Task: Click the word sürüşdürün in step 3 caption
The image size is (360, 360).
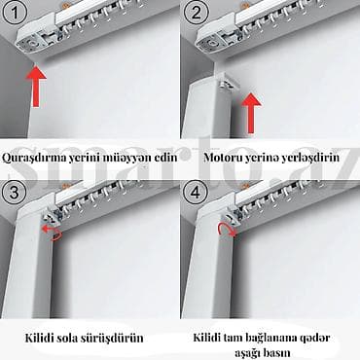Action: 112,338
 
